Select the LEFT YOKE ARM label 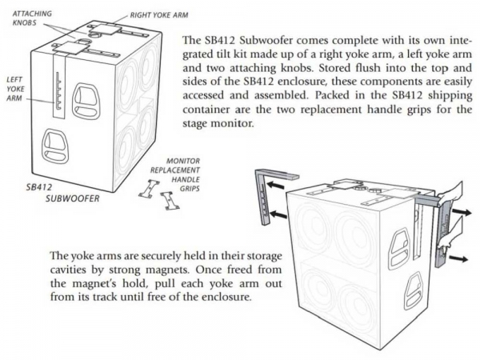(x=14, y=90)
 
